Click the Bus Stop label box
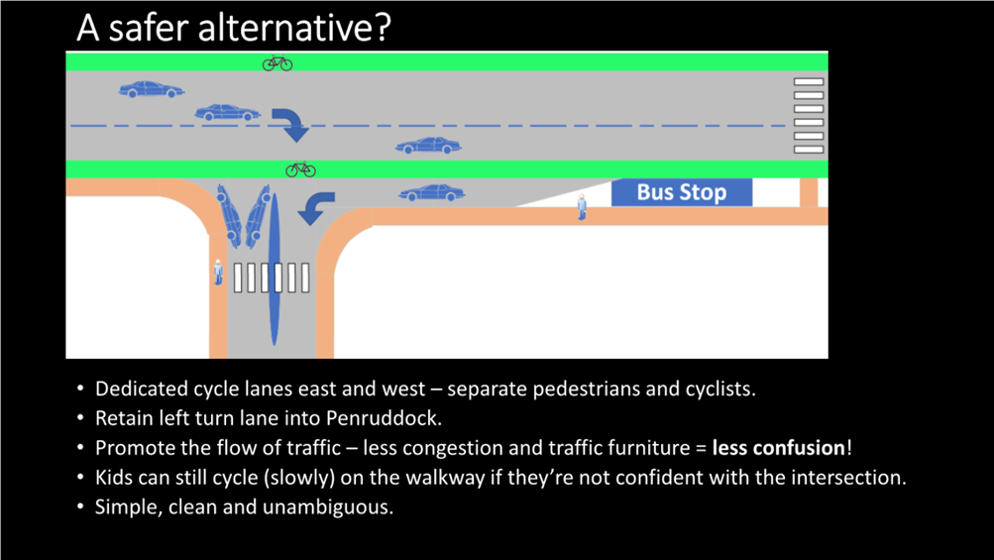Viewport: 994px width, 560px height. tap(682, 192)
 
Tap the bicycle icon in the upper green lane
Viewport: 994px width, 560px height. tap(277, 62)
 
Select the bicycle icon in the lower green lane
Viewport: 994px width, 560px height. tap(300, 169)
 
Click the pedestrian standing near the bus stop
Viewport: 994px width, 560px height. tap(582, 207)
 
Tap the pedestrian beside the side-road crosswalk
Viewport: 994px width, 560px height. tap(218, 273)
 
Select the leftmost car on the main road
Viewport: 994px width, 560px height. tap(152, 89)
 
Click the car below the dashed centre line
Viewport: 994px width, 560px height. tap(428, 146)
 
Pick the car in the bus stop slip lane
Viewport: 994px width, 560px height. tap(432, 193)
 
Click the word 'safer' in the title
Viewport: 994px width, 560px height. tap(150, 28)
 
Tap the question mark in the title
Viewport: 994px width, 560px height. tap(383, 28)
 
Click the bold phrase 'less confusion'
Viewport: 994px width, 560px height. tap(779, 448)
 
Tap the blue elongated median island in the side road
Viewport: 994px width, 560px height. tap(274, 270)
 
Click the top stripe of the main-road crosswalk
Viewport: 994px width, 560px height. tap(809, 82)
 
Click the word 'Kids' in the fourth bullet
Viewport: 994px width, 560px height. tap(114, 478)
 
